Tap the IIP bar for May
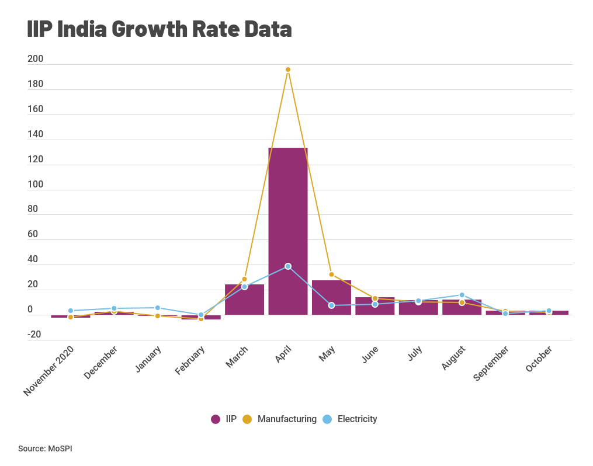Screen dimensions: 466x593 (331, 298)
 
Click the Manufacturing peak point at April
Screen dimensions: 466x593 (288, 69)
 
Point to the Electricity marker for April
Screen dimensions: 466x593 (288, 266)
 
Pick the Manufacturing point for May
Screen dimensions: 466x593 (331, 274)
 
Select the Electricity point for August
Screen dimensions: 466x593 (462, 295)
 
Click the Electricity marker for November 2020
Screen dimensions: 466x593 (71, 311)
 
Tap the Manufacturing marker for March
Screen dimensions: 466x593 (244, 279)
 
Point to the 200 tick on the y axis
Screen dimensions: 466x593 (35, 59)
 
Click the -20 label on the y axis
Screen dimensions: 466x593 (34, 335)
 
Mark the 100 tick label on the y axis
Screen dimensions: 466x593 (35, 185)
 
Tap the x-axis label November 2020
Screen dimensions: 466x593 (50, 371)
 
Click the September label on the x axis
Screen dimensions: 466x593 (491, 364)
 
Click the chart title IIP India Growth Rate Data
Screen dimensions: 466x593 (159, 29)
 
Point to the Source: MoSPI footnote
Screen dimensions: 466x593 (45, 448)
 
